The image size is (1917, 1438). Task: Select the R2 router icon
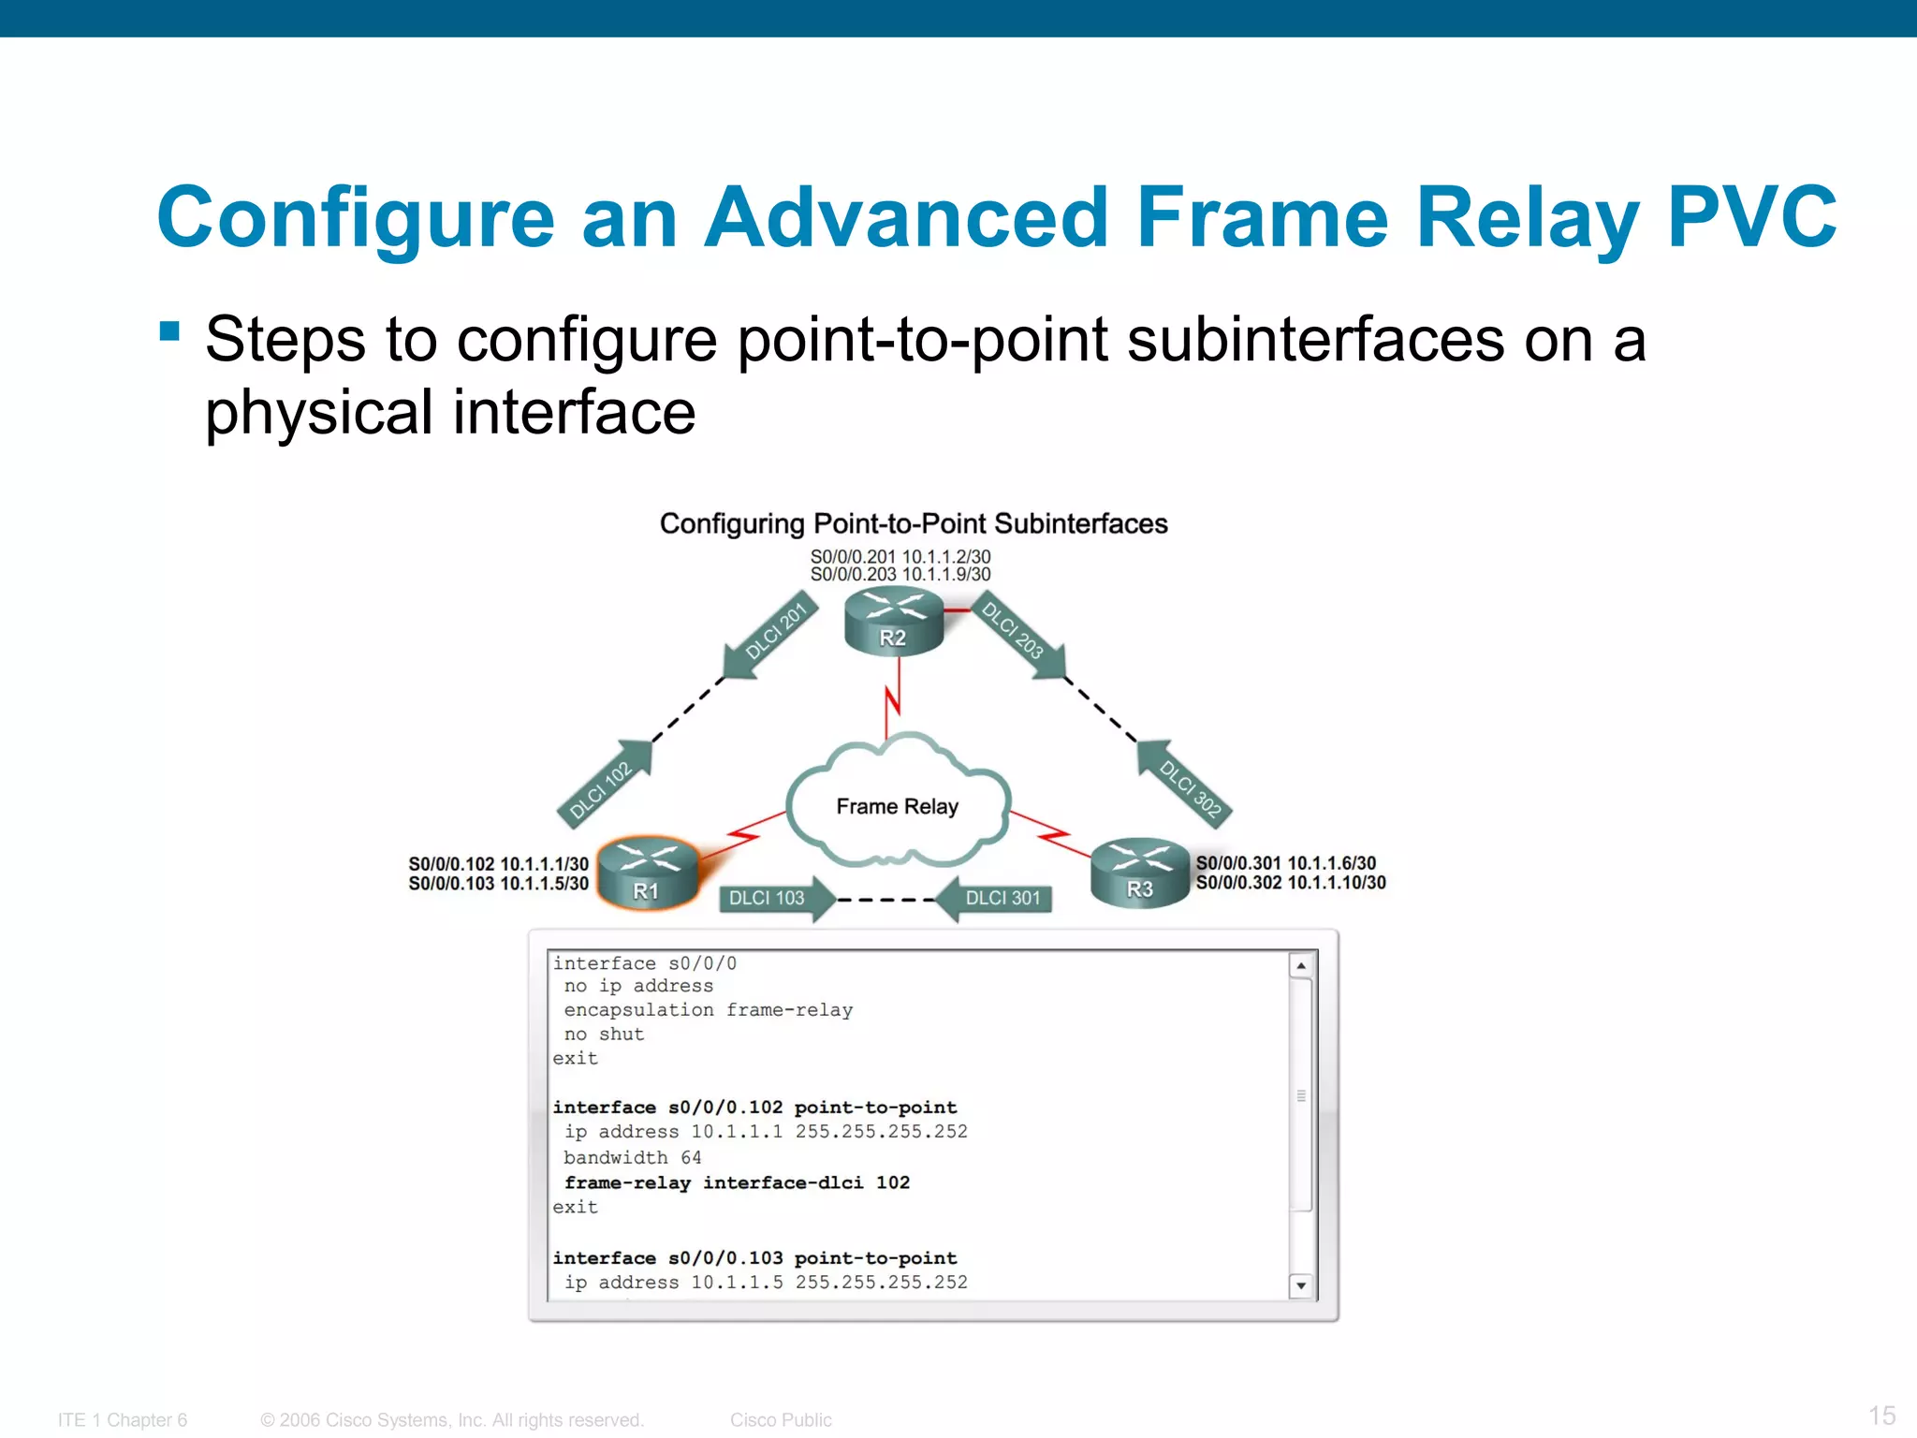893,620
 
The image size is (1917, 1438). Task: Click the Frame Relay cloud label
897,806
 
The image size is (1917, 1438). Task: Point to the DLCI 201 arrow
773,634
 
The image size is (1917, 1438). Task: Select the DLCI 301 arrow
996,899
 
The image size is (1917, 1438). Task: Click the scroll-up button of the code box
1301,965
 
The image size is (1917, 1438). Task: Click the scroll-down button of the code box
1301,1285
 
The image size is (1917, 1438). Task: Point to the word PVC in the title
1751,217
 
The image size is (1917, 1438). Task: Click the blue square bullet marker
169,331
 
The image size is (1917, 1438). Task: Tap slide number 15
1881,1415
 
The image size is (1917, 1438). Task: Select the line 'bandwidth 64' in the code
632,1157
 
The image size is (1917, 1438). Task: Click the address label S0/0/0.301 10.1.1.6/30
1286,863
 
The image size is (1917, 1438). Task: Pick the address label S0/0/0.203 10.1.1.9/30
900,574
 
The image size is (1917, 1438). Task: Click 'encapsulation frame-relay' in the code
708,1010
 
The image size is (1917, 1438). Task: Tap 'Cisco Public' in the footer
781,1420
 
